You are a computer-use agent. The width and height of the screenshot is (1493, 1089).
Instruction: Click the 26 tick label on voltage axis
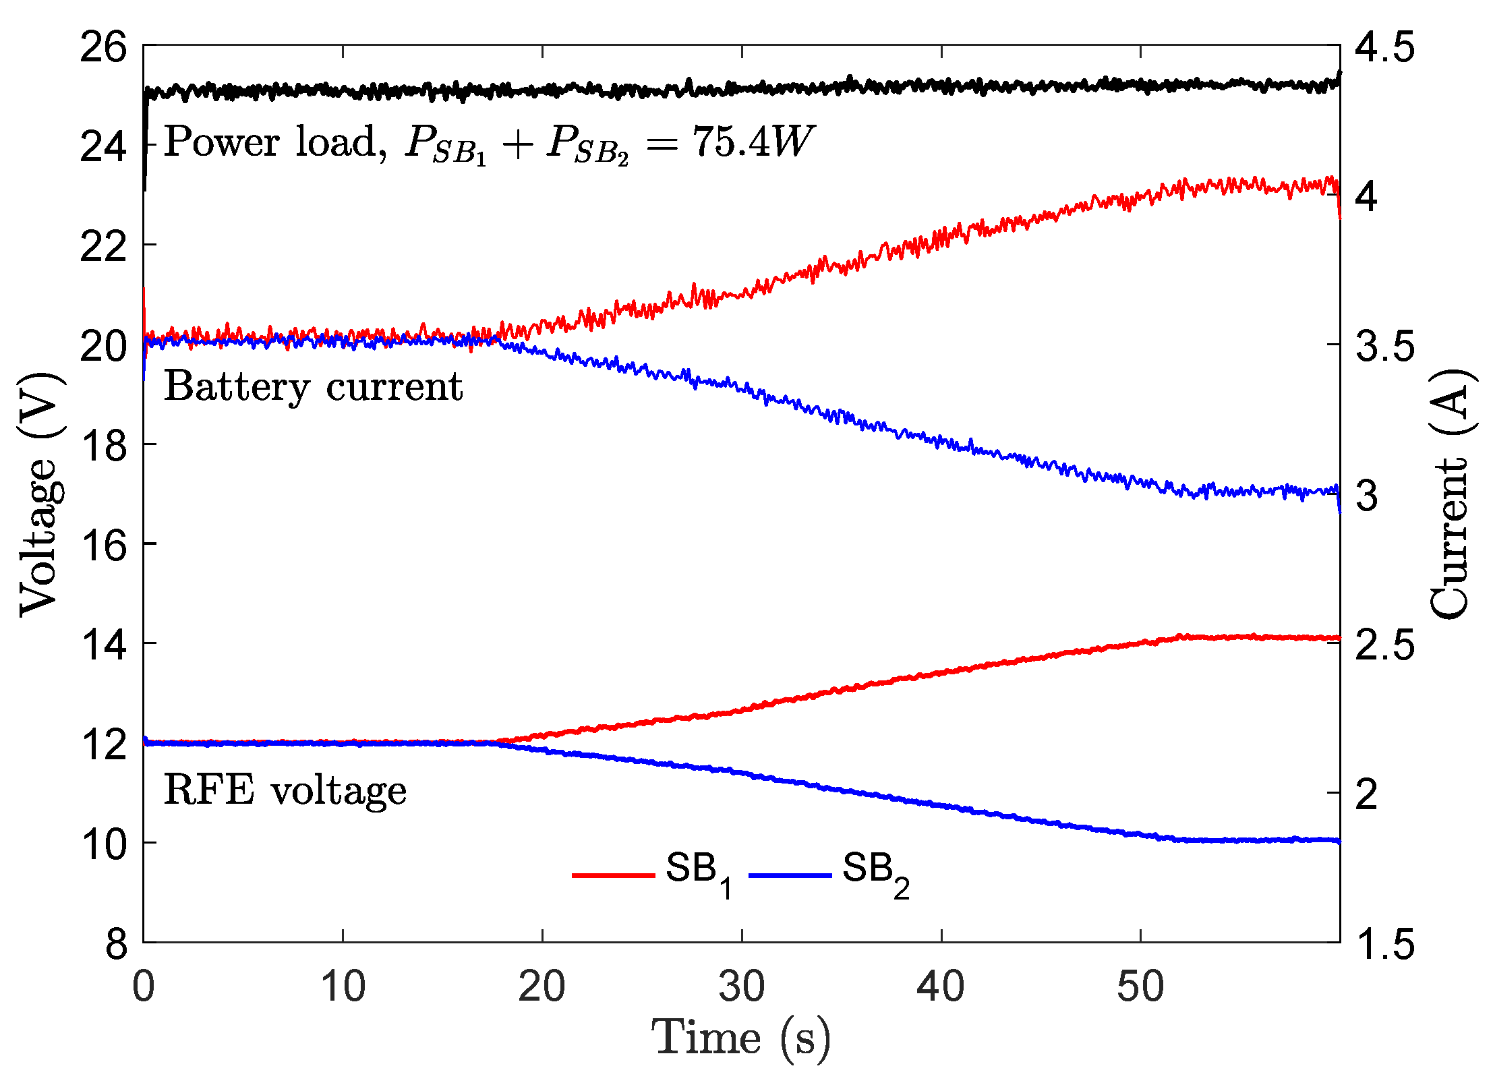pyautogui.click(x=103, y=48)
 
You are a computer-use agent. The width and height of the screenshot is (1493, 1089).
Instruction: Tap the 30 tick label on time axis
pyautogui.click(x=742, y=987)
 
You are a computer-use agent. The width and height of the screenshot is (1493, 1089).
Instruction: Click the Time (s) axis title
pyautogui.click(x=740, y=1039)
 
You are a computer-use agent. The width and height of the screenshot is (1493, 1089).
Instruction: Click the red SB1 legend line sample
pyautogui.click(x=613, y=875)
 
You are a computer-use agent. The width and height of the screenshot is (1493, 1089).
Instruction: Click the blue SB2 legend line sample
pyautogui.click(x=790, y=875)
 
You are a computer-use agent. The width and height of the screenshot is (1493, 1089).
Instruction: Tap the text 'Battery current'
pyautogui.click(x=313, y=388)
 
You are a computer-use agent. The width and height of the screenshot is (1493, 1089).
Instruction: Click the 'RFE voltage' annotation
pyautogui.click(x=285, y=790)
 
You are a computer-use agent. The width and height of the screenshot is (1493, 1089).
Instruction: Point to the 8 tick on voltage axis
pyautogui.click(x=116, y=944)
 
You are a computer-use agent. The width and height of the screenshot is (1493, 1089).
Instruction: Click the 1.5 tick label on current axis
pyautogui.click(x=1384, y=944)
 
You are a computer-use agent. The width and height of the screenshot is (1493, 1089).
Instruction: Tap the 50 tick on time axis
pyautogui.click(x=1140, y=987)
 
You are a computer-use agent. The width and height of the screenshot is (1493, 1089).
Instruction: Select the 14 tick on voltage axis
pyautogui.click(x=103, y=645)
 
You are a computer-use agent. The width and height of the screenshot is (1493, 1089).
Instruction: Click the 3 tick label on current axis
pyautogui.click(x=1367, y=496)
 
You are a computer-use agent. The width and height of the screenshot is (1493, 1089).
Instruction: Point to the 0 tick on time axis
pyautogui.click(x=144, y=987)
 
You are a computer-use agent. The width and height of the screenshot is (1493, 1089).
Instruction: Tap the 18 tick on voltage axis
pyautogui.click(x=103, y=446)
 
